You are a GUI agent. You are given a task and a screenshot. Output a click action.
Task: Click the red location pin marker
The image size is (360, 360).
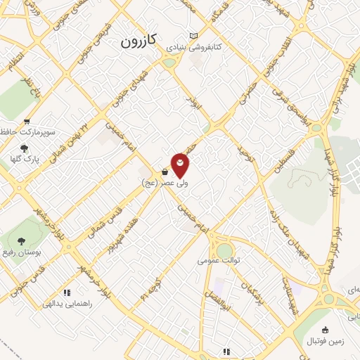(x=181, y=165)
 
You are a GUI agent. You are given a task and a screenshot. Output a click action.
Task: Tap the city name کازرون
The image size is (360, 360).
(x=140, y=41)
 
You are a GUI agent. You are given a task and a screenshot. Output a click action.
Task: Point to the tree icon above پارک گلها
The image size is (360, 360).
(x=25, y=148)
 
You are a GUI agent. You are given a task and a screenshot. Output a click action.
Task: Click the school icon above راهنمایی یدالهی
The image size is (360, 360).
(x=67, y=292)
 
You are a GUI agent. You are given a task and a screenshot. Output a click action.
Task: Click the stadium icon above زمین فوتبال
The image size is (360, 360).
(x=325, y=330)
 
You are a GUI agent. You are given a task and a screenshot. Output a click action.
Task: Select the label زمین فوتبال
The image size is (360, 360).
(x=326, y=341)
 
